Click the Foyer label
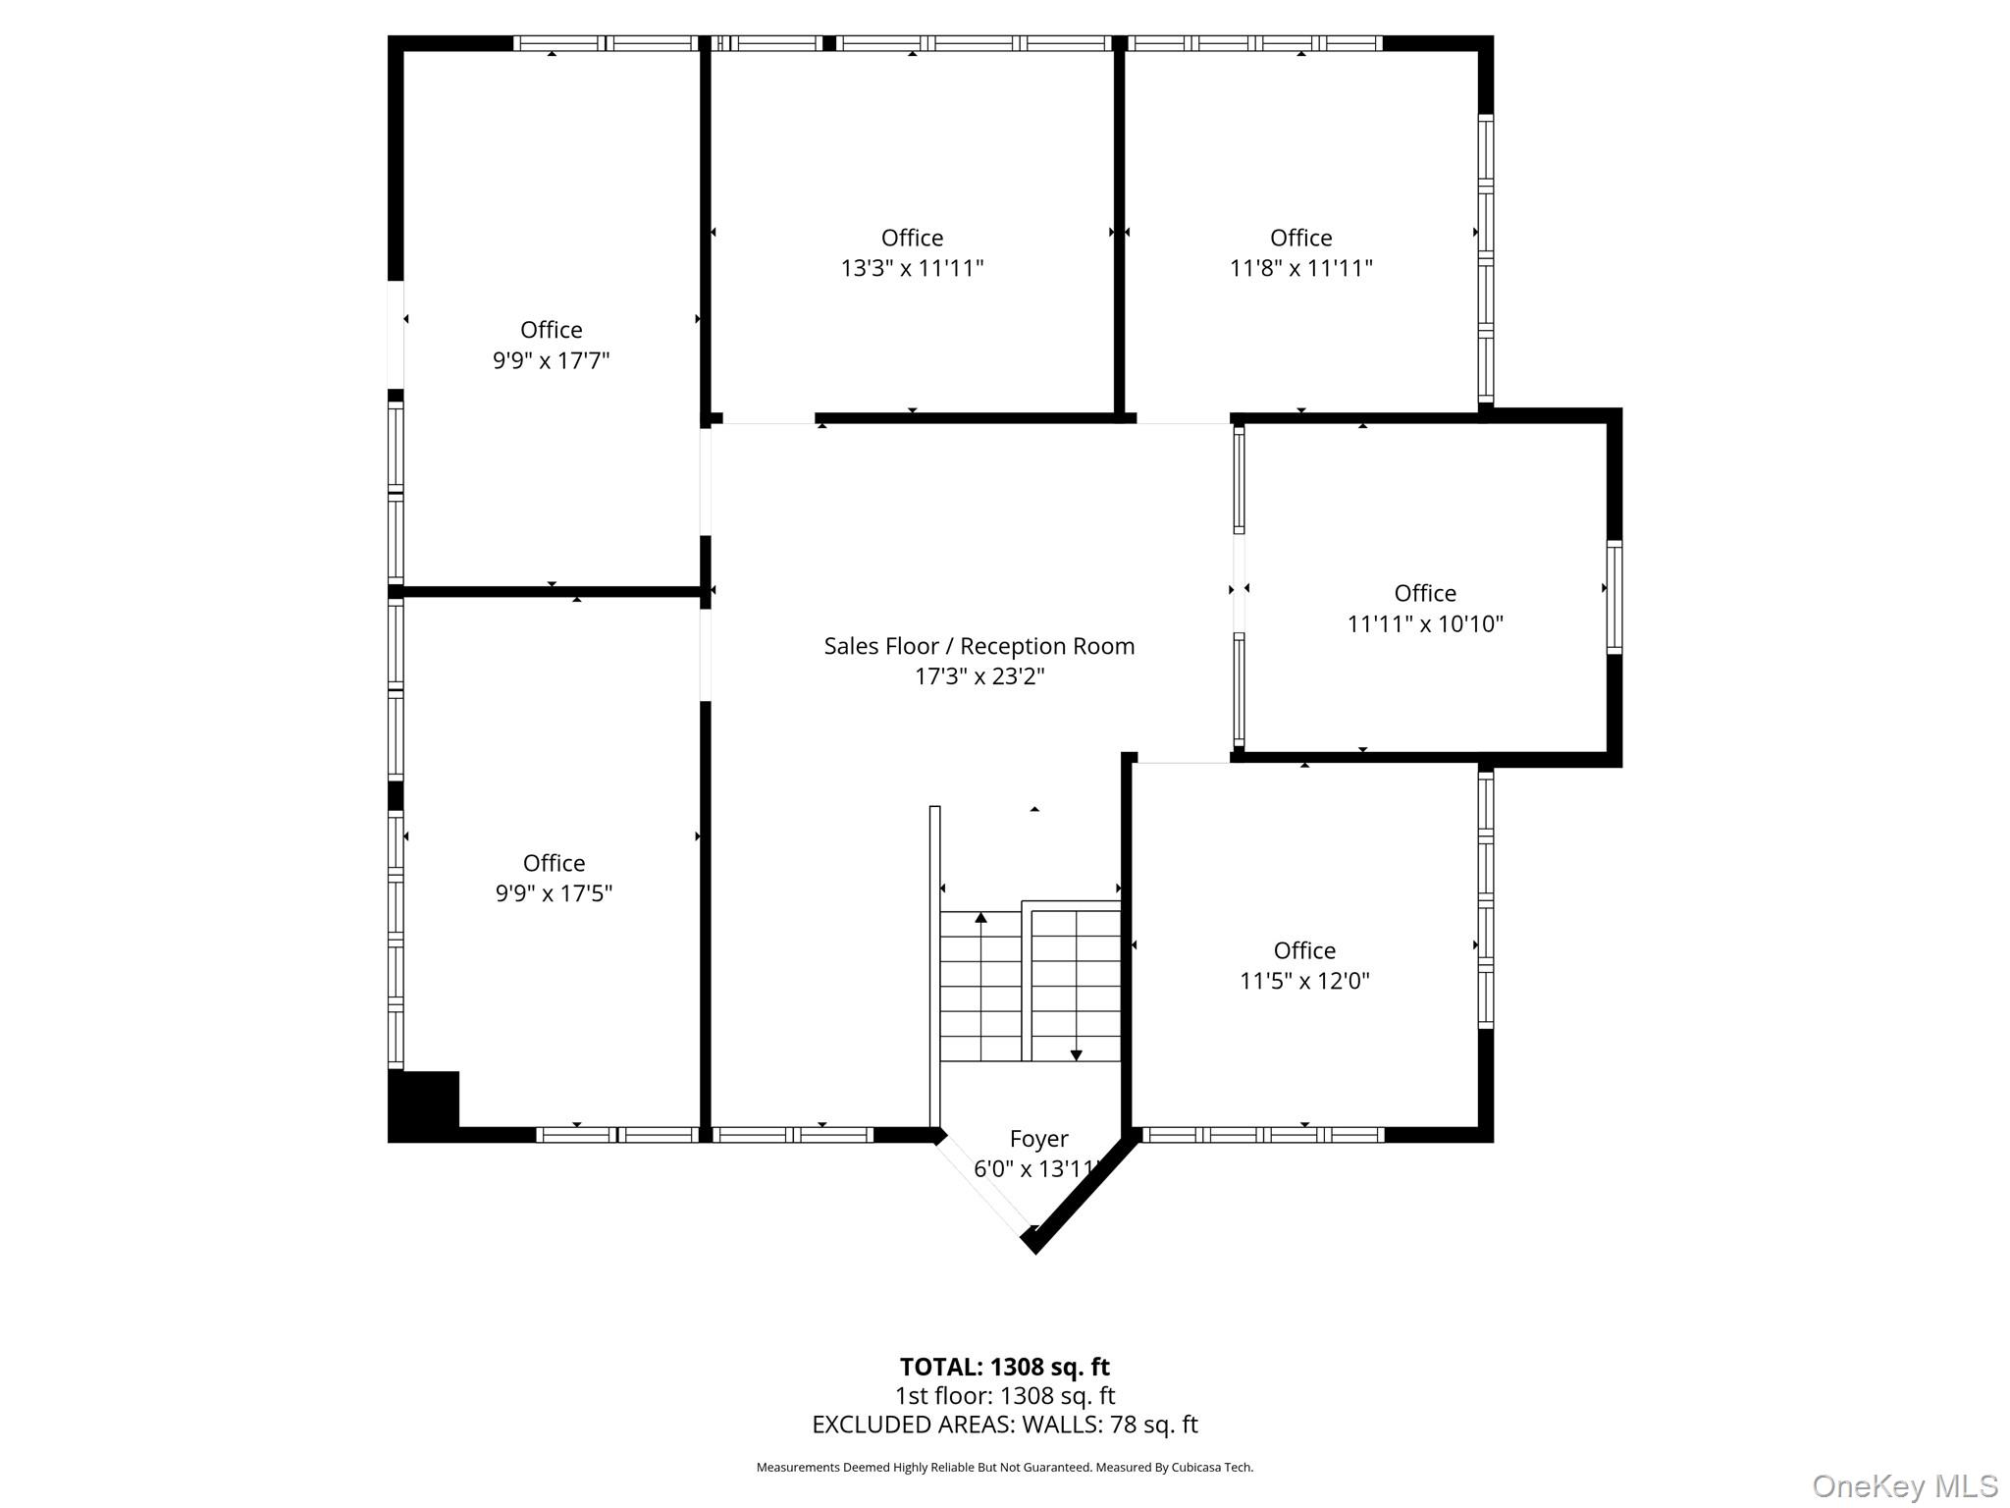[1038, 1139]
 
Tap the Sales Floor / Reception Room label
[979, 646]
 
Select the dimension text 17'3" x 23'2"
[979, 676]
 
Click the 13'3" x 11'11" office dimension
[912, 268]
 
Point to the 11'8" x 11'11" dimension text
[1300, 268]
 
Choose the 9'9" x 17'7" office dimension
[551, 360]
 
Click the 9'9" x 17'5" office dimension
[554, 893]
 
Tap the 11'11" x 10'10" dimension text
[1424, 623]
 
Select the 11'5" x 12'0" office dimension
[1304, 981]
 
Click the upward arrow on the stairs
[980, 918]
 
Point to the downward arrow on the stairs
[1076, 1054]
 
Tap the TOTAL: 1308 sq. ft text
[1004, 1367]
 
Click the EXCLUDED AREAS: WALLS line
[1004, 1425]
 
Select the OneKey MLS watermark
[1904, 1485]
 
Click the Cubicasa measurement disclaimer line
[1004, 1468]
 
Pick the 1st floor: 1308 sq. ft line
[1004, 1396]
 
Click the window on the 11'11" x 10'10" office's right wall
[1613, 597]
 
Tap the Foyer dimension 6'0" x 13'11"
[1036, 1169]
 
